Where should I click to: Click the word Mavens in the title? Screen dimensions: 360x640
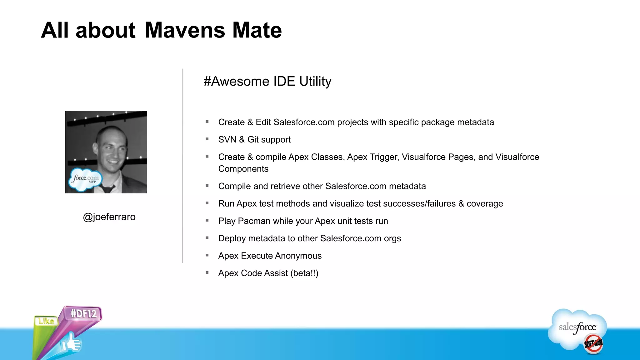coord(185,30)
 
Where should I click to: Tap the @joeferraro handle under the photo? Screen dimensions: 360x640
coord(109,217)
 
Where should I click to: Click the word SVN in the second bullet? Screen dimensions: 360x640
coord(227,139)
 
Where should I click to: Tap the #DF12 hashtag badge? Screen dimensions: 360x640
coord(83,313)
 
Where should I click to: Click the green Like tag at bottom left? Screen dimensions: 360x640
coord(46,321)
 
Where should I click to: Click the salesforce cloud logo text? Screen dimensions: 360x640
coord(577,327)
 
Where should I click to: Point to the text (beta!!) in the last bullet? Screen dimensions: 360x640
coord(304,273)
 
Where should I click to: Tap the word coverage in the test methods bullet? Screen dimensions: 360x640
coord(485,204)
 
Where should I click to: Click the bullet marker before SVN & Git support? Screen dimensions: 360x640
coord(207,139)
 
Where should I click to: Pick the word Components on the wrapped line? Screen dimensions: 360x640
coord(243,169)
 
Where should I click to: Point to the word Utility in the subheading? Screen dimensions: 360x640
coord(315,81)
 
